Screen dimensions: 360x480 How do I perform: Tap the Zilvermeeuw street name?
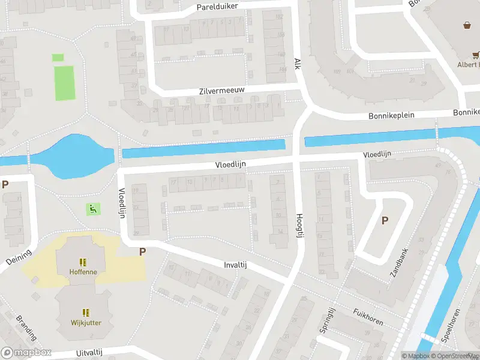tap(222, 90)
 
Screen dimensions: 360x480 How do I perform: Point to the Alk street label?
tap(296, 63)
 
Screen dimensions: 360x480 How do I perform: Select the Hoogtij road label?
tap(299, 226)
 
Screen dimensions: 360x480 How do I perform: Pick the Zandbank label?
tap(398, 263)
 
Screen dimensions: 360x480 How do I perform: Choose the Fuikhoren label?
tap(368, 317)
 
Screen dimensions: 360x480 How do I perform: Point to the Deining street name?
tap(18, 259)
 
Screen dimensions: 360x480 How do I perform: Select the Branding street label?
tap(26, 328)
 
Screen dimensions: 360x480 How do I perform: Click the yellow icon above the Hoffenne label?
tap(83, 262)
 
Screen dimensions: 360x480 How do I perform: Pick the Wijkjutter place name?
tap(86, 322)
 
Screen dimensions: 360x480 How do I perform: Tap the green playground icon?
tap(92, 209)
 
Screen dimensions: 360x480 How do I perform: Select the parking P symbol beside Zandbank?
tap(385, 220)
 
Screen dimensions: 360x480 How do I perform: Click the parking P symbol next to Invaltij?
tap(143, 252)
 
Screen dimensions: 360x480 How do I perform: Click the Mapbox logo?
tap(26, 352)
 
